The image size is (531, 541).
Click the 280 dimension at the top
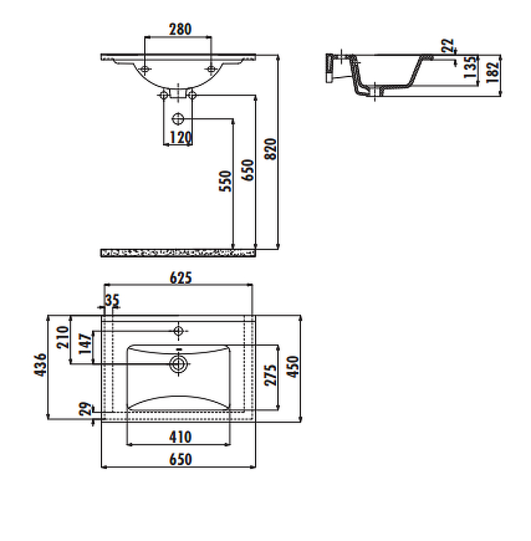click(x=179, y=29)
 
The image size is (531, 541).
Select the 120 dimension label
click(x=179, y=138)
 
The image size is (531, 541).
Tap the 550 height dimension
click(x=226, y=181)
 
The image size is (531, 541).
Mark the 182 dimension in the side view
click(x=492, y=69)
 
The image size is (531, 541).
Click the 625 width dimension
click(x=179, y=277)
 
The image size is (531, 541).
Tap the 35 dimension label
click(x=112, y=300)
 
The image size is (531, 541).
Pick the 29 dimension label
click(x=85, y=409)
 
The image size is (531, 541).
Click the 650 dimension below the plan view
click(x=179, y=459)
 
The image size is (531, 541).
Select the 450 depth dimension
click(x=293, y=367)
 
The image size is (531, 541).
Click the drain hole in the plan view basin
click(x=179, y=363)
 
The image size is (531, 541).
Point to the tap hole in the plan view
click(x=179, y=331)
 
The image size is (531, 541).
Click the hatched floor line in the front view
click(x=179, y=252)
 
